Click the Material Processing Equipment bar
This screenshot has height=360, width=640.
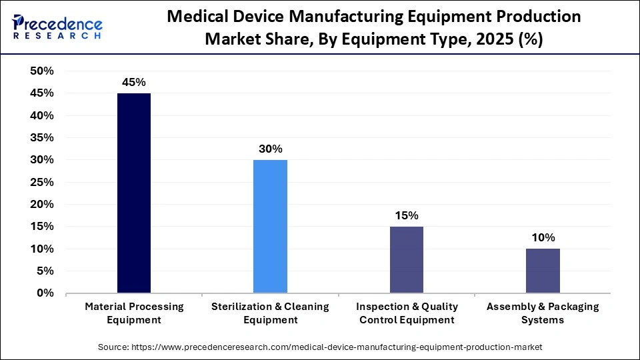click(x=134, y=193)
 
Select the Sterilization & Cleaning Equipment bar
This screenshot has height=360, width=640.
click(x=270, y=227)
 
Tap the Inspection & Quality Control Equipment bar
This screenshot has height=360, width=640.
click(x=407, y=260)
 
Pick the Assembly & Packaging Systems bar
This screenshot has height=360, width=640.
click(x=543, y=271)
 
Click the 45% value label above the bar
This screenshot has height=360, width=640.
click(x=134, y=82)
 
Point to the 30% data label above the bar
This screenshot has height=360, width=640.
click(x=270, y=149)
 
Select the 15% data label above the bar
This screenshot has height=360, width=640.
click(x=407, y=215)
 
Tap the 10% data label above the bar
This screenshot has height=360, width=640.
click(x=543, y=238)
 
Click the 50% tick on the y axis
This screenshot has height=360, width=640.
click(x=42, y=71)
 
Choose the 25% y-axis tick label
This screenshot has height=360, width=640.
click(x=42, y=182)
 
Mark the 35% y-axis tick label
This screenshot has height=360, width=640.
click(x=42, y=138)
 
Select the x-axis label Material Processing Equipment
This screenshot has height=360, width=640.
click(x=134, y=313)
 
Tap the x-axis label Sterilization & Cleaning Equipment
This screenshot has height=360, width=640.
click(x=270, y=313)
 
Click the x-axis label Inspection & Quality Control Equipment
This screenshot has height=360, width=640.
click(x=407, y=313)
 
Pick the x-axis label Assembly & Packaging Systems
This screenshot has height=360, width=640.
click(x=543, y=313)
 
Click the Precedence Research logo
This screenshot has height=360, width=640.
click(x=57, y=27)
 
